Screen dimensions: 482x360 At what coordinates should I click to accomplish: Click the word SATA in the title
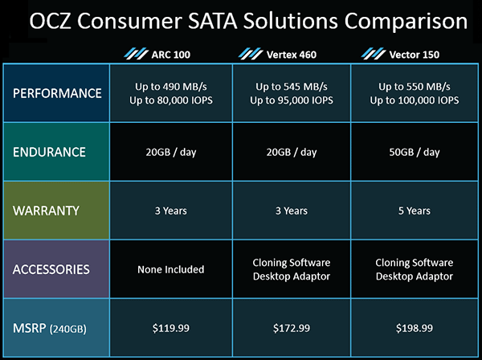point(212,21)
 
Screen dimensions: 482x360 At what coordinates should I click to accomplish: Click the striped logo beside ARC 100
point(137,54)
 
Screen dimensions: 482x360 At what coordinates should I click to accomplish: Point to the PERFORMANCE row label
point(57,93)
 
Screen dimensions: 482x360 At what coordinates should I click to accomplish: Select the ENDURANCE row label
point(49,152)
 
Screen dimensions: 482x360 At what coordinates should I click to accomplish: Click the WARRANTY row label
point(46,211)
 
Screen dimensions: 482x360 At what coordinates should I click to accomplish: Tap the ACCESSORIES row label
point(51,270)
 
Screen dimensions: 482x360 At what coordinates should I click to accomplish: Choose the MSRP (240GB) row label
point(50,329)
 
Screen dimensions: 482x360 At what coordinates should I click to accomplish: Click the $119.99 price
point(171,329)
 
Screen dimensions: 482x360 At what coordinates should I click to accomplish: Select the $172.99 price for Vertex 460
point(292,329)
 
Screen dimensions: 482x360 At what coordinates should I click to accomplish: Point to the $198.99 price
point(415,329)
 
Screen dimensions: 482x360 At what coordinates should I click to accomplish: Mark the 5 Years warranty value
point(415,211)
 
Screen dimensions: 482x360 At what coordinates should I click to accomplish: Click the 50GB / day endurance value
point(415,152)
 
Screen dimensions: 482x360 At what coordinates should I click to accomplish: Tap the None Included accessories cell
point(171,270)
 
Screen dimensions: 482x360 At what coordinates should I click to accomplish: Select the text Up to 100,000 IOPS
point(415,100)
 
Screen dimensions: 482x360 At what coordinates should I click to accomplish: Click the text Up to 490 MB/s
point(171,87)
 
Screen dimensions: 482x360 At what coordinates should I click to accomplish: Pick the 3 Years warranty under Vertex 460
point(292,211)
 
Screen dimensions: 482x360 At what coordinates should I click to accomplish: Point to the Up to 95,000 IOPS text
point(292,100)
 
